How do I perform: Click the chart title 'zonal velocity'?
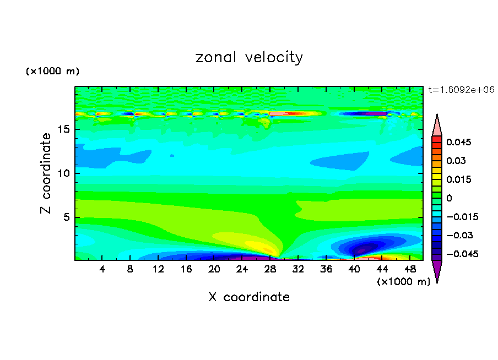coord(249,57)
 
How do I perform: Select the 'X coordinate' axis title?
coord(249,297)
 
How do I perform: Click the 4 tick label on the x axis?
coord(102,269)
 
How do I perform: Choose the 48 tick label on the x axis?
coord(409,269)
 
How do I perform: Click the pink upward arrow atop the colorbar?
coord(437,125)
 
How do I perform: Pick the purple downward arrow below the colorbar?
coord(437,271)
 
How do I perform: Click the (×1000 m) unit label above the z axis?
coord(52,72)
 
